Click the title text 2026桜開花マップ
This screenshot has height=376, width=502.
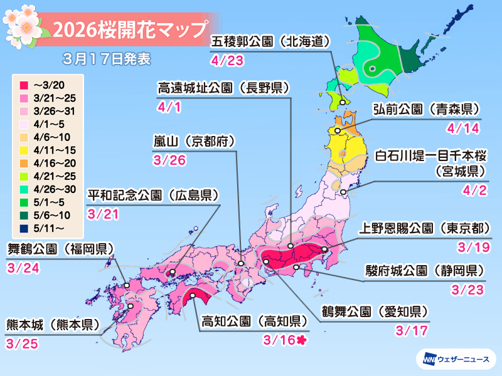click(129, 29)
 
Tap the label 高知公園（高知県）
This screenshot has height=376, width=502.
click(254, 321)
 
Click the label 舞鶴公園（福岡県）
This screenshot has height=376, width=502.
click(60, 248)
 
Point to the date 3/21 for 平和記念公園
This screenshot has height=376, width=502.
click(103, 214)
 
